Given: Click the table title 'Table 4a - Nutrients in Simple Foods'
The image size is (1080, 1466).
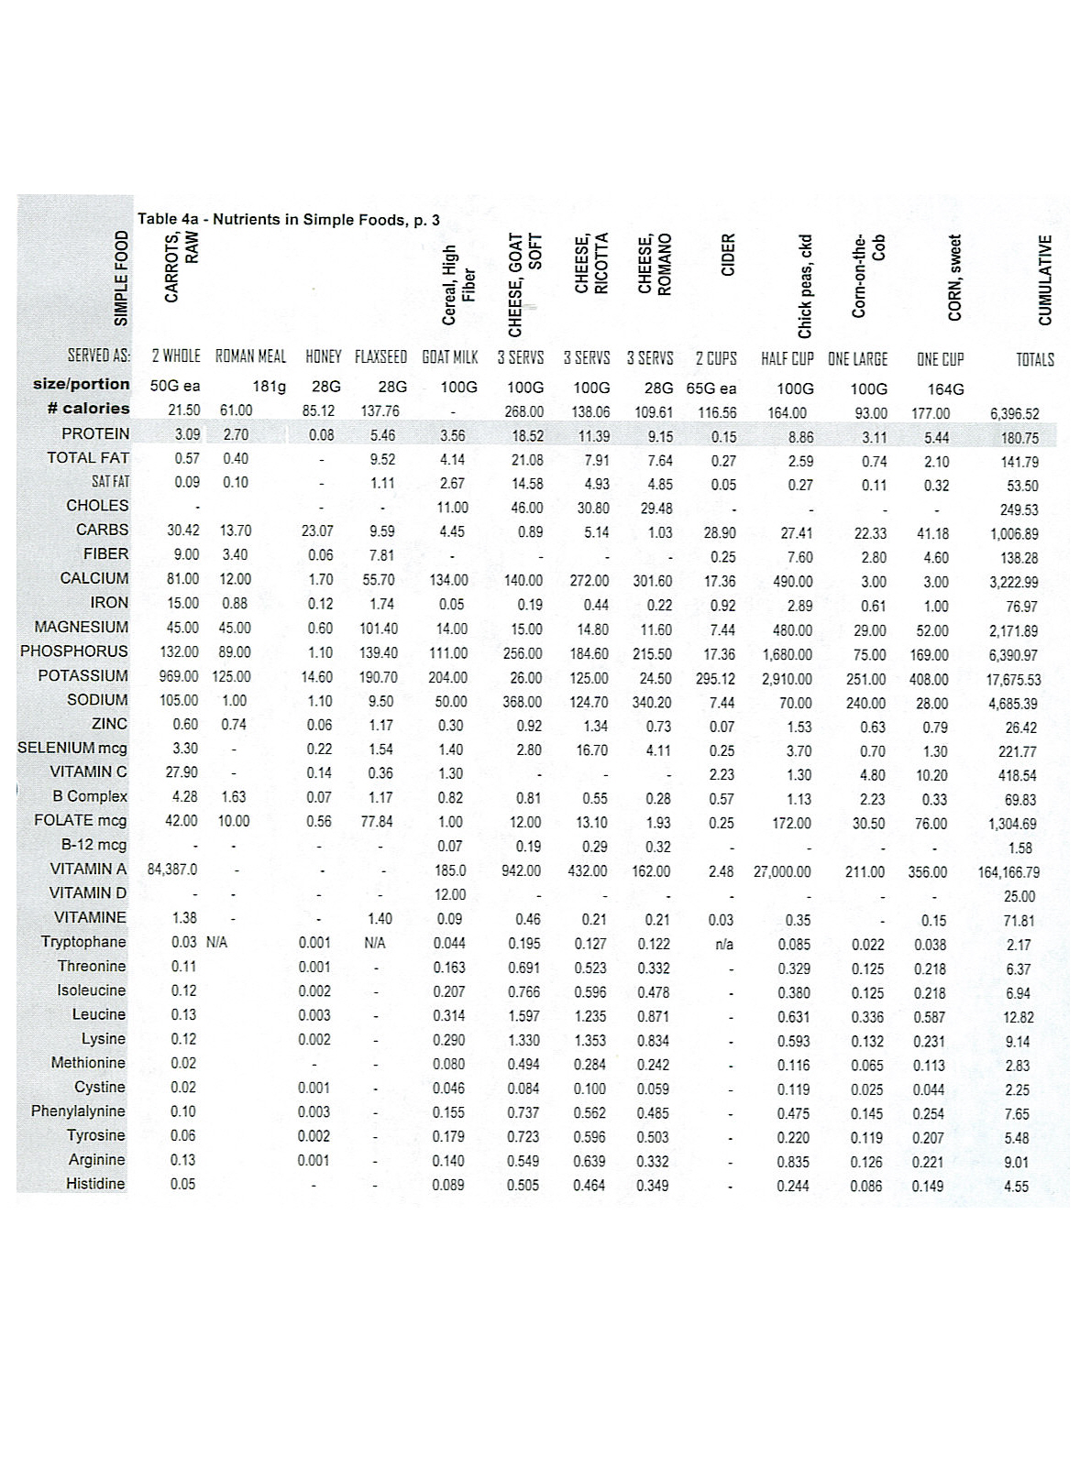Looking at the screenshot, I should tap(289, 220).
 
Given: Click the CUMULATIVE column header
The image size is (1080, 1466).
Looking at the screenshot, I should tap(1044, 280).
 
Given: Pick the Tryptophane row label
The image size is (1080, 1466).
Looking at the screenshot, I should tap(83, 942).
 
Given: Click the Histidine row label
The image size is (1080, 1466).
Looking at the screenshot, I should tap(95, 1184).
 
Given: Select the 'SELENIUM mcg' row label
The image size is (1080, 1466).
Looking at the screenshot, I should tap(72, 749).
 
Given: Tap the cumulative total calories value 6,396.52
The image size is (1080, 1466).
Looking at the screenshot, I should tap(1014, 414).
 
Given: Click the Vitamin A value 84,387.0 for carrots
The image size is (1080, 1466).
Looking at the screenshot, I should tap(172, 870).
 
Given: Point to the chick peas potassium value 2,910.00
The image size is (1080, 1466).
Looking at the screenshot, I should tap(788, 680).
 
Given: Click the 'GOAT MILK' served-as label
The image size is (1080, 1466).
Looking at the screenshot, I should tap(450, 358).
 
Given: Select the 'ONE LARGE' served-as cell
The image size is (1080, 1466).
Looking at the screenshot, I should tap(857, 359).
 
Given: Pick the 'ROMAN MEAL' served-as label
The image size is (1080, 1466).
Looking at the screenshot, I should tap(250, 357).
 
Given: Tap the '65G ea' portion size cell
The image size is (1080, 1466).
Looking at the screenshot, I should tap(711, 388).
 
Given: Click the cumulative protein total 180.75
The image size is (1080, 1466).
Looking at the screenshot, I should tap(1019, 439).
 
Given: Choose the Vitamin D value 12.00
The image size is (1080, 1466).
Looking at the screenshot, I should tap(449, 894).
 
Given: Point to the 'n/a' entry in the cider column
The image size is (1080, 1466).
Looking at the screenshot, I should tap(724, 944).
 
